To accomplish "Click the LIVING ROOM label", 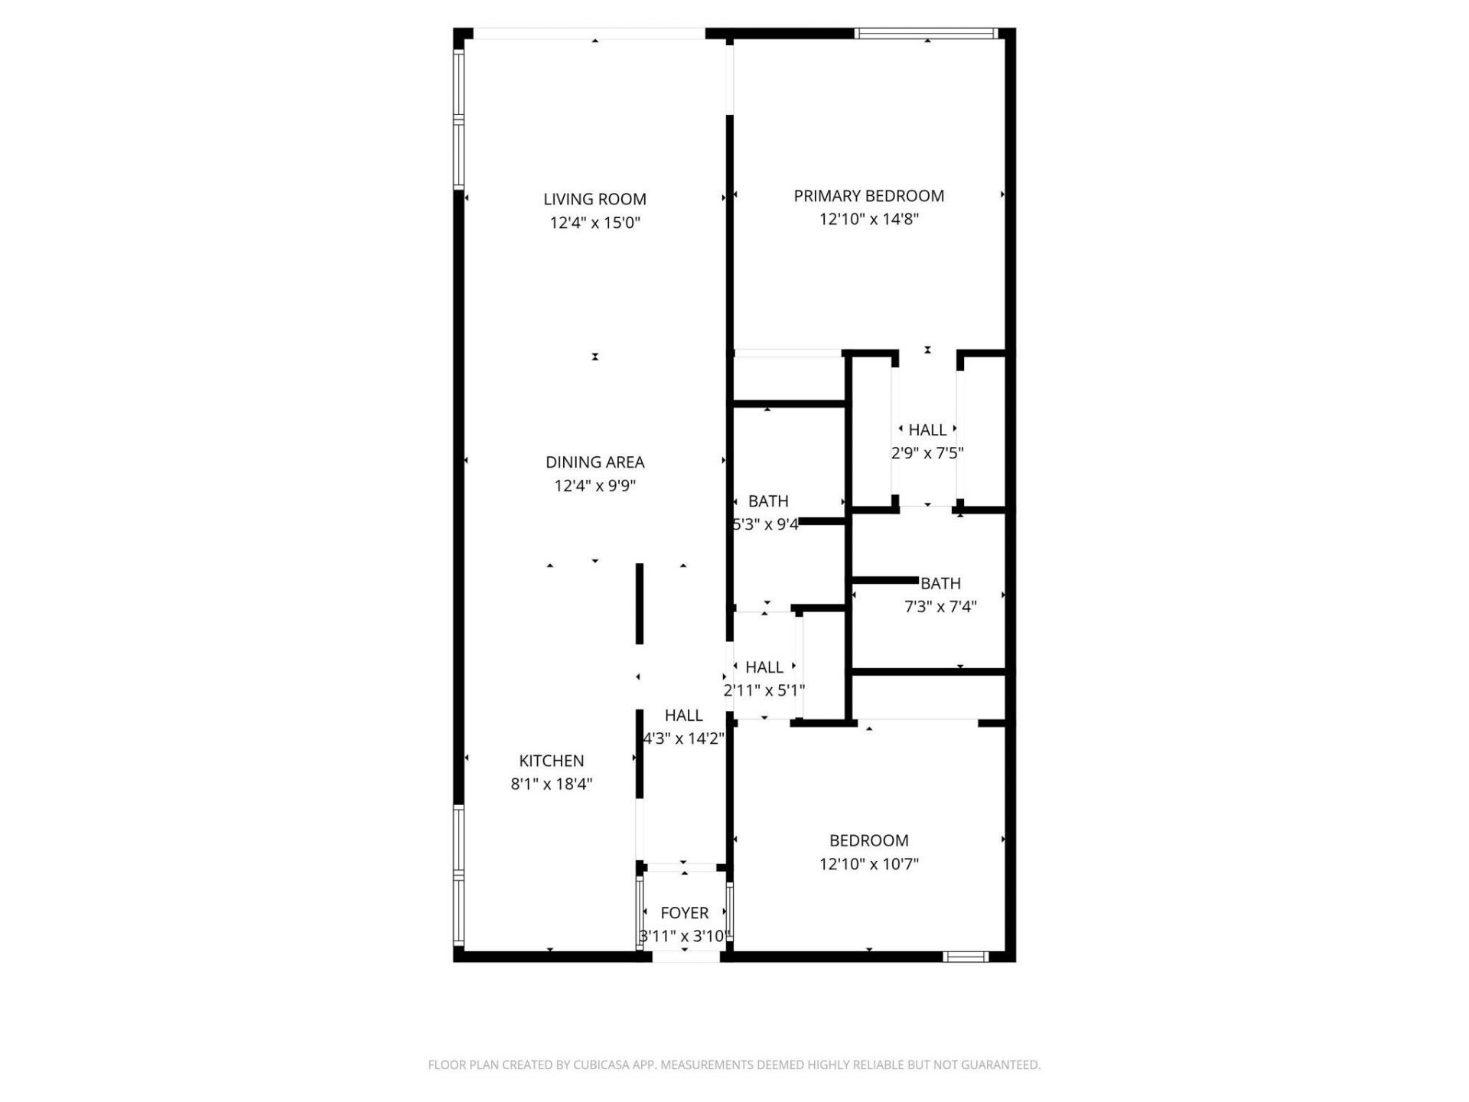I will (594, 199).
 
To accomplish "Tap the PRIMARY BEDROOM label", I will (868, 196).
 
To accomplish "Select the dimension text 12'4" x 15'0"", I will (594, 223).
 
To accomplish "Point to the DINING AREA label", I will (594, 462).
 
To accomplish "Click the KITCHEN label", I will (551, 761).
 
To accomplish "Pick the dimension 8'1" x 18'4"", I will (551, 784).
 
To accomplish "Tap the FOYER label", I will (684, 913).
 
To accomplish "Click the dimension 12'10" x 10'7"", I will (868, 864).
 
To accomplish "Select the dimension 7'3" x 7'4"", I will (940, 607).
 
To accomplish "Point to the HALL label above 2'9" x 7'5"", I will (927, 430).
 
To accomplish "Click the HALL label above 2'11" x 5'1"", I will (764, 667).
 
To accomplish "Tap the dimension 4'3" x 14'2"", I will (683, 738).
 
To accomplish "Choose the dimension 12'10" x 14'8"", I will (868, 220).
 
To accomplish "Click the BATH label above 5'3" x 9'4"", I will (768, 501).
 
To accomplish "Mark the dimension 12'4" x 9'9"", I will (594, 486).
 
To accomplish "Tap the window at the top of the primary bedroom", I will (926, 34).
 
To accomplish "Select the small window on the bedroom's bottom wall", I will (965, 956).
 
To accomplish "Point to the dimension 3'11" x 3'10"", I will (684, 936).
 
